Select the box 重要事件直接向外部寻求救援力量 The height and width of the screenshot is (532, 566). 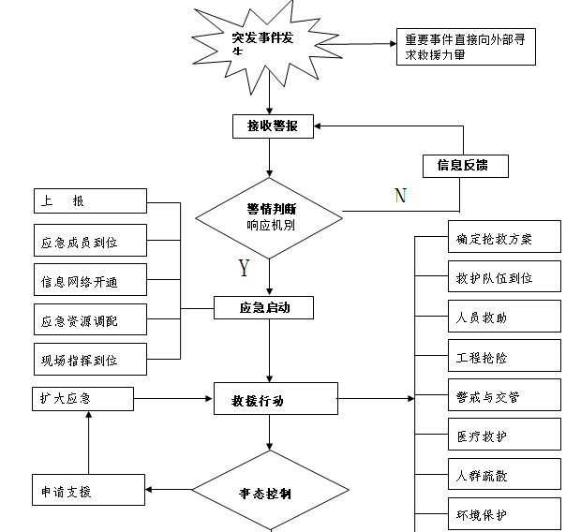(465, 48)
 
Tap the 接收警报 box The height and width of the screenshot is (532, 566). (272, 126)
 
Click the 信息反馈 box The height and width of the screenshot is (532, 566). (467, 166)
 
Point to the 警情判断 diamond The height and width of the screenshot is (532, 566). (270, 216)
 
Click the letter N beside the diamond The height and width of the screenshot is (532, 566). (400, 196)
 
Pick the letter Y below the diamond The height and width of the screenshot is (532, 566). (245, 269)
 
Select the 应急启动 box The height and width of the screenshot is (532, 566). (262, 306)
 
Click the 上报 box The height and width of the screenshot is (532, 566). (90, 200)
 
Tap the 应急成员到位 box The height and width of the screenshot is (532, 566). (90, 241)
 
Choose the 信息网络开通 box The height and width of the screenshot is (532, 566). (90, 281)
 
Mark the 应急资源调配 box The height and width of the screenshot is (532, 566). (90, 320)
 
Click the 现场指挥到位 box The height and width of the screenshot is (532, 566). (90, 359)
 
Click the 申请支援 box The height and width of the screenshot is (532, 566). (87, 491)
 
